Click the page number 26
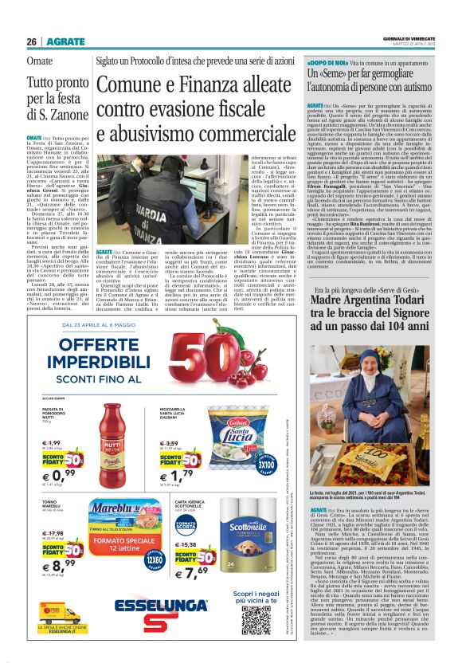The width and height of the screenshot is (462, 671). click(x=32, y=41)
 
